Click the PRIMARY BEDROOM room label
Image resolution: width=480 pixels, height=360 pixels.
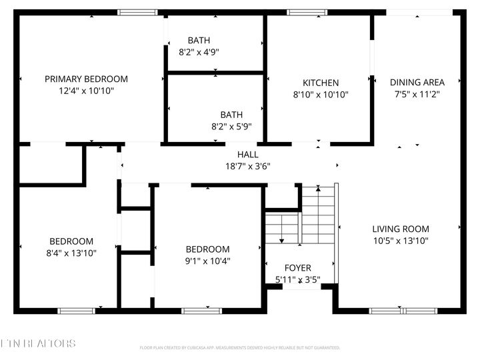point(86,79)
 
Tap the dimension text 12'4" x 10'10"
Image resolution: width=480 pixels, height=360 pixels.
point(86,91)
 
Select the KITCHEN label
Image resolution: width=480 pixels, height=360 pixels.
point(321,83)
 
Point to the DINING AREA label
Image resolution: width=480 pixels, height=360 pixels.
point(417,83)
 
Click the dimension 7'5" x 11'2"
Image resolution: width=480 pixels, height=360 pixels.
point(417,94)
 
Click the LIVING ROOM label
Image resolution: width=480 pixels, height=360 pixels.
point(400,229)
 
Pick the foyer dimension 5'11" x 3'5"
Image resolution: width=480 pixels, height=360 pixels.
point(297,280)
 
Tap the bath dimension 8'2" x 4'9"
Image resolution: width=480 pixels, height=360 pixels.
point(199,51)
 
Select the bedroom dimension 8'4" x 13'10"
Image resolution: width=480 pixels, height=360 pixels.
point(71,253)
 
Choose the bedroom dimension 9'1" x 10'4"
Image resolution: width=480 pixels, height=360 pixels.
point(207,261)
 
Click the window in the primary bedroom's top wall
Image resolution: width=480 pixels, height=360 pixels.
point(137,12)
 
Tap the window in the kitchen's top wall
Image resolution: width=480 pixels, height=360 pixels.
point(307,12)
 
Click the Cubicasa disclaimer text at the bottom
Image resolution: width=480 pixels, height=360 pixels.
point(240,348)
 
